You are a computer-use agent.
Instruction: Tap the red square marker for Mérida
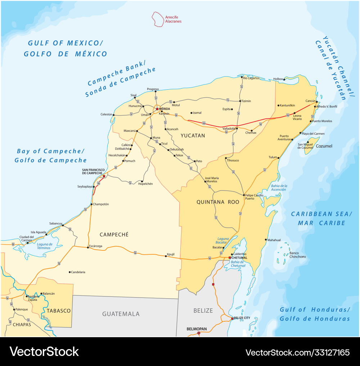click(x=157, y=108)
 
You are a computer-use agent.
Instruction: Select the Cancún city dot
click(x=317, y=102)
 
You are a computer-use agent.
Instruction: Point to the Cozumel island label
click(x=324, y=146)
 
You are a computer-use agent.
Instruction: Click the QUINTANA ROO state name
click(x=218, y=202)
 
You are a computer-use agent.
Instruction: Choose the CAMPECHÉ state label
click(x=114, y=235)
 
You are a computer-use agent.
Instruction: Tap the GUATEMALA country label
click(x=121, y=314)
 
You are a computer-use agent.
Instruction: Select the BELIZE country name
click(x=203, y=311)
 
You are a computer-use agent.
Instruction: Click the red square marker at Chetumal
click(x=230, y=258)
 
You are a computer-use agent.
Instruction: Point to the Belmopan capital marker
click(x=199, y=333)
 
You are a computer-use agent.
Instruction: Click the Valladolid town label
click(x=229, y=128)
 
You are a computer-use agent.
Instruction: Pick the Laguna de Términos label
click(x=45, y=246)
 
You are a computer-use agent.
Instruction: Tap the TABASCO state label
click(x=59, y=311)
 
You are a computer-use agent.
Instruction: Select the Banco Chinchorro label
click(x=297, y=255)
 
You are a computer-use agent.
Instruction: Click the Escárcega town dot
click(x=88, y=247)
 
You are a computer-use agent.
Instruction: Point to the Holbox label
click(x=278, y=79)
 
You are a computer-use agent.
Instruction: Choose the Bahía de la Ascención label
click(x=279, y=187)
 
